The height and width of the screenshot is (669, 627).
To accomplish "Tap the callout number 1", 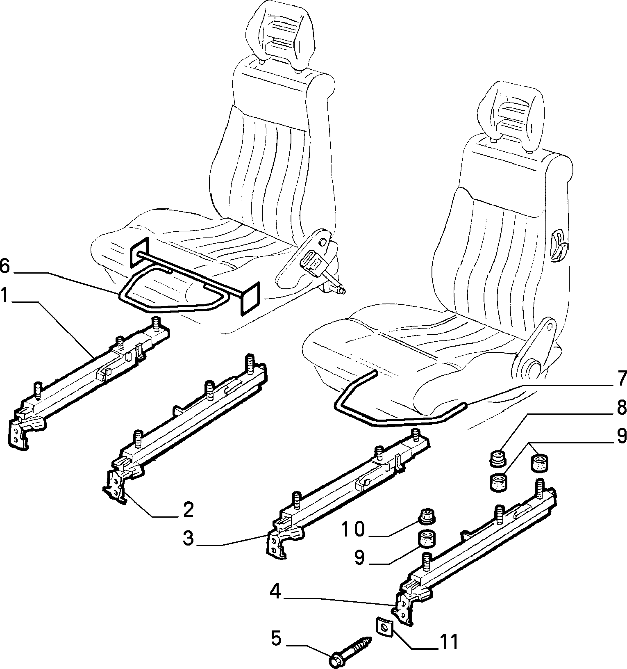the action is pyautogui.click(x=5, y=296).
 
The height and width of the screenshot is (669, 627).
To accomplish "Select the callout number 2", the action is pyautogui.click(x=188, y=509).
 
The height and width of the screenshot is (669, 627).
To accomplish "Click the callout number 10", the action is pyautogui.click(x=352, y=529).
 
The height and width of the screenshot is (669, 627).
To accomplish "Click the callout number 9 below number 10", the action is pyautogui.click(x=359, y=558).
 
